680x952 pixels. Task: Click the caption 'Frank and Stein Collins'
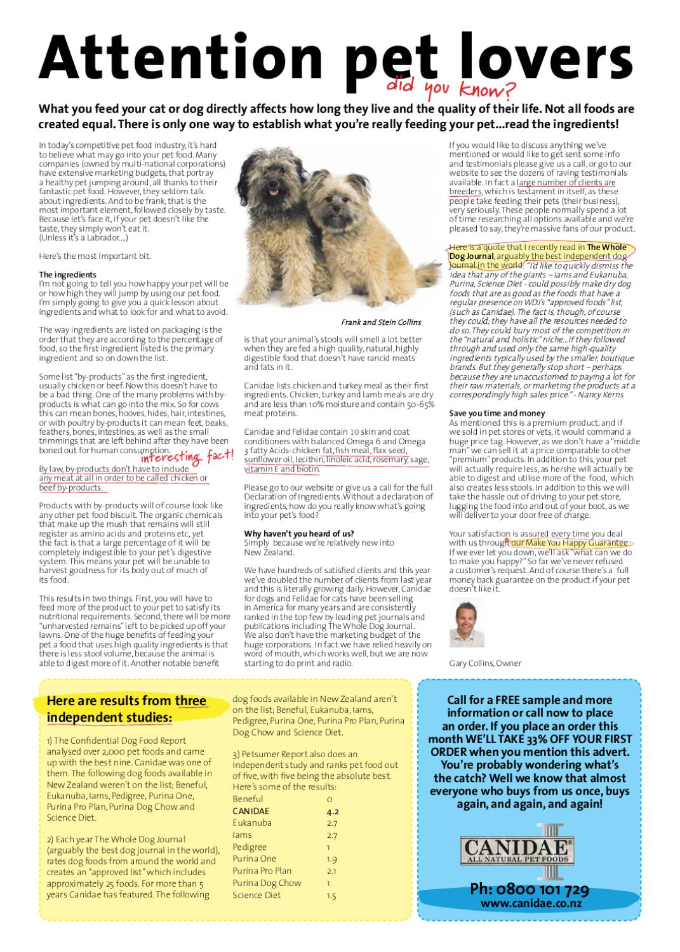click(381, 322)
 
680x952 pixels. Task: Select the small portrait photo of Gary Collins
click(467, 625)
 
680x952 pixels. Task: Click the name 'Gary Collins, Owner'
click(485, 663)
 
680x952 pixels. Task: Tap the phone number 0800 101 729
click(529, 889)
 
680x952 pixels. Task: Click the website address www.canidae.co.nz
click(529, 903)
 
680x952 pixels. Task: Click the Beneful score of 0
click(330, 799)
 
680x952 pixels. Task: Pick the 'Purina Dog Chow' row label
click(267, 883)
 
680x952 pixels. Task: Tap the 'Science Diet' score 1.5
click(331, 896)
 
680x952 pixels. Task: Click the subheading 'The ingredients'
click(68, 275)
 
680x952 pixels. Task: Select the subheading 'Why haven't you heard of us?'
click(299, 533)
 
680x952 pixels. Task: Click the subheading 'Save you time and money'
click(497, 413)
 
